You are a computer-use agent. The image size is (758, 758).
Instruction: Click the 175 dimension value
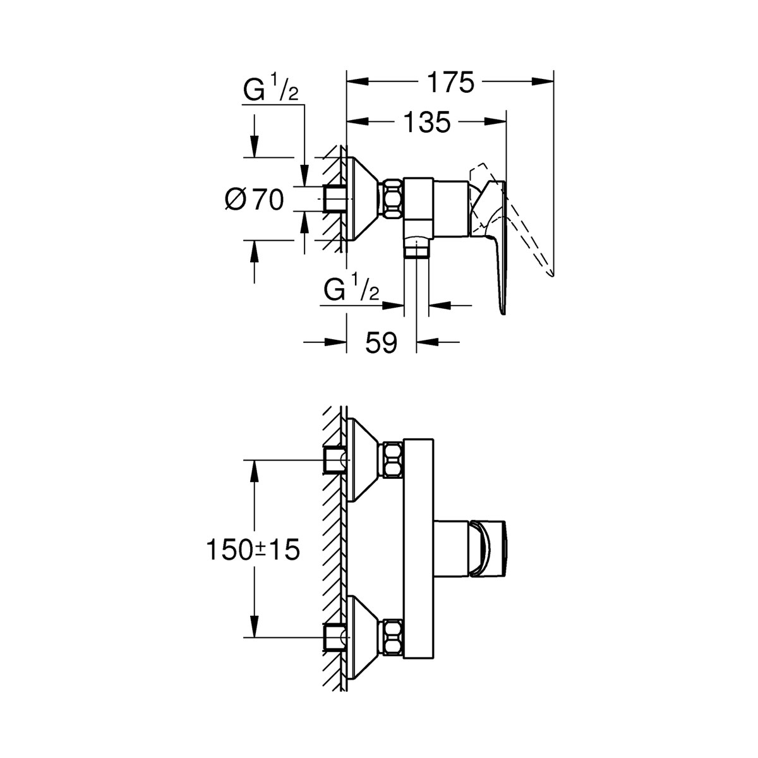point(450,82)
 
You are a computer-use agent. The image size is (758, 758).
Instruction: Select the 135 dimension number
point(428,122)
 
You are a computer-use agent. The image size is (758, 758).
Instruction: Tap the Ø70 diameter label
point(255,200)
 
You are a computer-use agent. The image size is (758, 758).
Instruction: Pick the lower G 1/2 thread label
point(351,291)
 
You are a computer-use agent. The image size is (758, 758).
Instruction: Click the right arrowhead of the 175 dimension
point(543,81)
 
